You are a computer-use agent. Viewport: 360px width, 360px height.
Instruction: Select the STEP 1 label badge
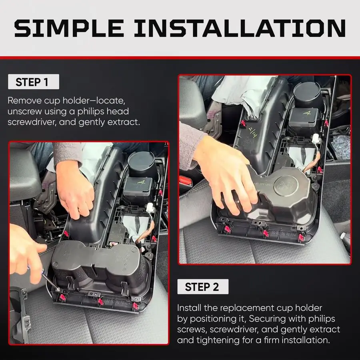click(x=33, y=82)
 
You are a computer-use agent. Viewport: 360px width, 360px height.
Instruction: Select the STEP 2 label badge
click(x=202, y=287)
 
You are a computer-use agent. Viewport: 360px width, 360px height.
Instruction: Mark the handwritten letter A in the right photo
click(x=307, y=113)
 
